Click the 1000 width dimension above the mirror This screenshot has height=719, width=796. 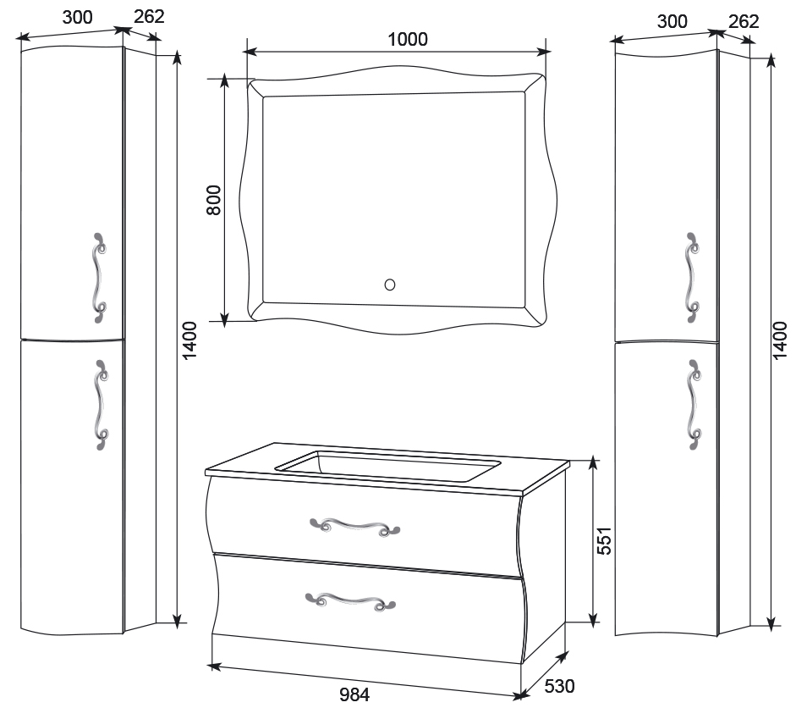(408, 39)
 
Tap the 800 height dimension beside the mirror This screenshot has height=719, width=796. (214, 200)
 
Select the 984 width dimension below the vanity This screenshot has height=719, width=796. (354, 694)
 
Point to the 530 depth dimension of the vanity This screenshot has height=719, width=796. (559, 686)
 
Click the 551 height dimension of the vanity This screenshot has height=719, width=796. (604, 540)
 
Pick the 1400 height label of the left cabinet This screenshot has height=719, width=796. (189, 340)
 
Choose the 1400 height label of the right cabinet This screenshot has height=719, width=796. (780, 340)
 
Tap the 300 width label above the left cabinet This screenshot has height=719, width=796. (77, 17)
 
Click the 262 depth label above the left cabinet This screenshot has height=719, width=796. (149, 16)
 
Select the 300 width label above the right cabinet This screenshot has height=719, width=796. (672, 21)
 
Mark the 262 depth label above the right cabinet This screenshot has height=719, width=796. (744, 21)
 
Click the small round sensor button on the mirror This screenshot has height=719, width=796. (390, 285)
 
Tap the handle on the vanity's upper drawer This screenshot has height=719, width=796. (354, 527)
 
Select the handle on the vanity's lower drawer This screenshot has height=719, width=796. (350, 600)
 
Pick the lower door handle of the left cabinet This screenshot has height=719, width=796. (101, 405)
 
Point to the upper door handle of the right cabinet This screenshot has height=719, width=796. (691, 278)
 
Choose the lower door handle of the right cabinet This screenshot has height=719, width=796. (693, 405)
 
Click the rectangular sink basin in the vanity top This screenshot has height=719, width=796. (388, 467)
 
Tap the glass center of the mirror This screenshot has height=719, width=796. (393, 199)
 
